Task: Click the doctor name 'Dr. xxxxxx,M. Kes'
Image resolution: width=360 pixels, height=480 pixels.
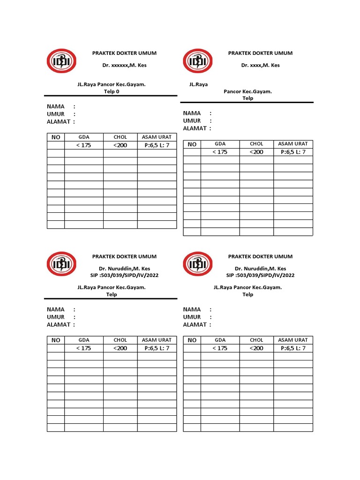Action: (x=124, y=65)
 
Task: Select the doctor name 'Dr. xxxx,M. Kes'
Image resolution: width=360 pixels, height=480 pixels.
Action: (x=260, y=65)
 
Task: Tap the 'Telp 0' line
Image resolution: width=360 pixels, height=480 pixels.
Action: (x=112, y=92)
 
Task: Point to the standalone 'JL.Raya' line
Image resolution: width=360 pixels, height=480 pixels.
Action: (x=198, y=84)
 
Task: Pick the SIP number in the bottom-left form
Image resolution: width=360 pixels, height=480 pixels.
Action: (x=124, y=275)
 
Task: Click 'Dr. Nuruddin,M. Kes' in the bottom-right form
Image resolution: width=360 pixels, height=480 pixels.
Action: (x=260, y=268)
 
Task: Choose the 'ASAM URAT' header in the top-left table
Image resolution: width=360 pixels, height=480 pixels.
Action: (x=157, y=137)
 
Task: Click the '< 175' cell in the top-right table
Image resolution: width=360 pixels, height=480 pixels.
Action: (x=220, y=152)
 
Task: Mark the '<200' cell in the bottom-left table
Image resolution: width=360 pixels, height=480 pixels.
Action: (x=120, y=348)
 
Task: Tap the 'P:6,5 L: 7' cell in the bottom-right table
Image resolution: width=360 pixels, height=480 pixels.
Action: (x=293, y=348)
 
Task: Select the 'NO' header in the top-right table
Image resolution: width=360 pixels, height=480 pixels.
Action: (x=192, y=144)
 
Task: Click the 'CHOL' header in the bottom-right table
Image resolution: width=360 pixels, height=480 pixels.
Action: (x=256, y=340)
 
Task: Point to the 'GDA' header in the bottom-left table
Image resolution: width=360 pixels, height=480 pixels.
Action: (x=83, y=340)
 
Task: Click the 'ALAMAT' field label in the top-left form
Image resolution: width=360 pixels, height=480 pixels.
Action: (x=59, y=121)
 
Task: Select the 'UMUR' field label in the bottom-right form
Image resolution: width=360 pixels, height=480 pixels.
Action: (x=192, y=317)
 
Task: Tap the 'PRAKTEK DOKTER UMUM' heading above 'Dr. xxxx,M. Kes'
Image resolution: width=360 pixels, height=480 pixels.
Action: (x=260, y=53)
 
